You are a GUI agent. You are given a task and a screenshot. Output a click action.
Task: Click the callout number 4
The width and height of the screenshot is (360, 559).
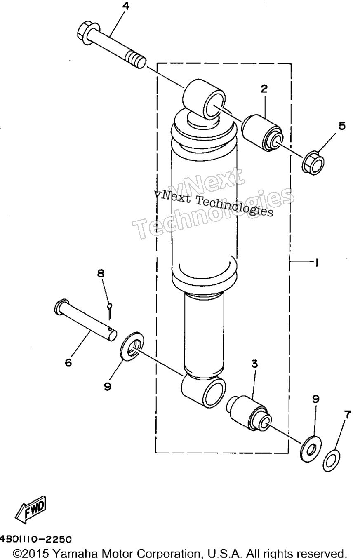[x=126, y=6]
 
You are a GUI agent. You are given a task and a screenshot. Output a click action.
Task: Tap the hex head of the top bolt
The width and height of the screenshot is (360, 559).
[x=86, y=33]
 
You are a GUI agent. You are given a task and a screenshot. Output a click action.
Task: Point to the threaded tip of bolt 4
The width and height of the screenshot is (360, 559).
[x=136, y=60]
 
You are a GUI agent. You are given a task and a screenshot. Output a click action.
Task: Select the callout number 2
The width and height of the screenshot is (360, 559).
[x=264, y=89]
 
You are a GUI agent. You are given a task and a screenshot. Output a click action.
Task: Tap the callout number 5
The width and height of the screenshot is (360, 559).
[x=342, y=126]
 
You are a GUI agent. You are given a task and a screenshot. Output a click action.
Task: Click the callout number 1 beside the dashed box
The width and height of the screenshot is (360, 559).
[x=316, y=263]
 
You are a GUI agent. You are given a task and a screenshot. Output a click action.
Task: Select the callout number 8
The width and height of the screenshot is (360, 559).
[x=101, y=274]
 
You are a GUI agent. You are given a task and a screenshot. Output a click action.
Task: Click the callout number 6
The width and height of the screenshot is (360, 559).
[x=68, y=362]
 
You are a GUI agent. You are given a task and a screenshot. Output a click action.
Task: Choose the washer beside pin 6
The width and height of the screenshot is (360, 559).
[x=132, y=346]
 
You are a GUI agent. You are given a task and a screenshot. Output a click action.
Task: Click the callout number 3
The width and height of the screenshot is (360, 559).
[x=254, y=364]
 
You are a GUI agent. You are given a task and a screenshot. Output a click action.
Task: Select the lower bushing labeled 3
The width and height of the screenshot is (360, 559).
[x=249, y=414]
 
